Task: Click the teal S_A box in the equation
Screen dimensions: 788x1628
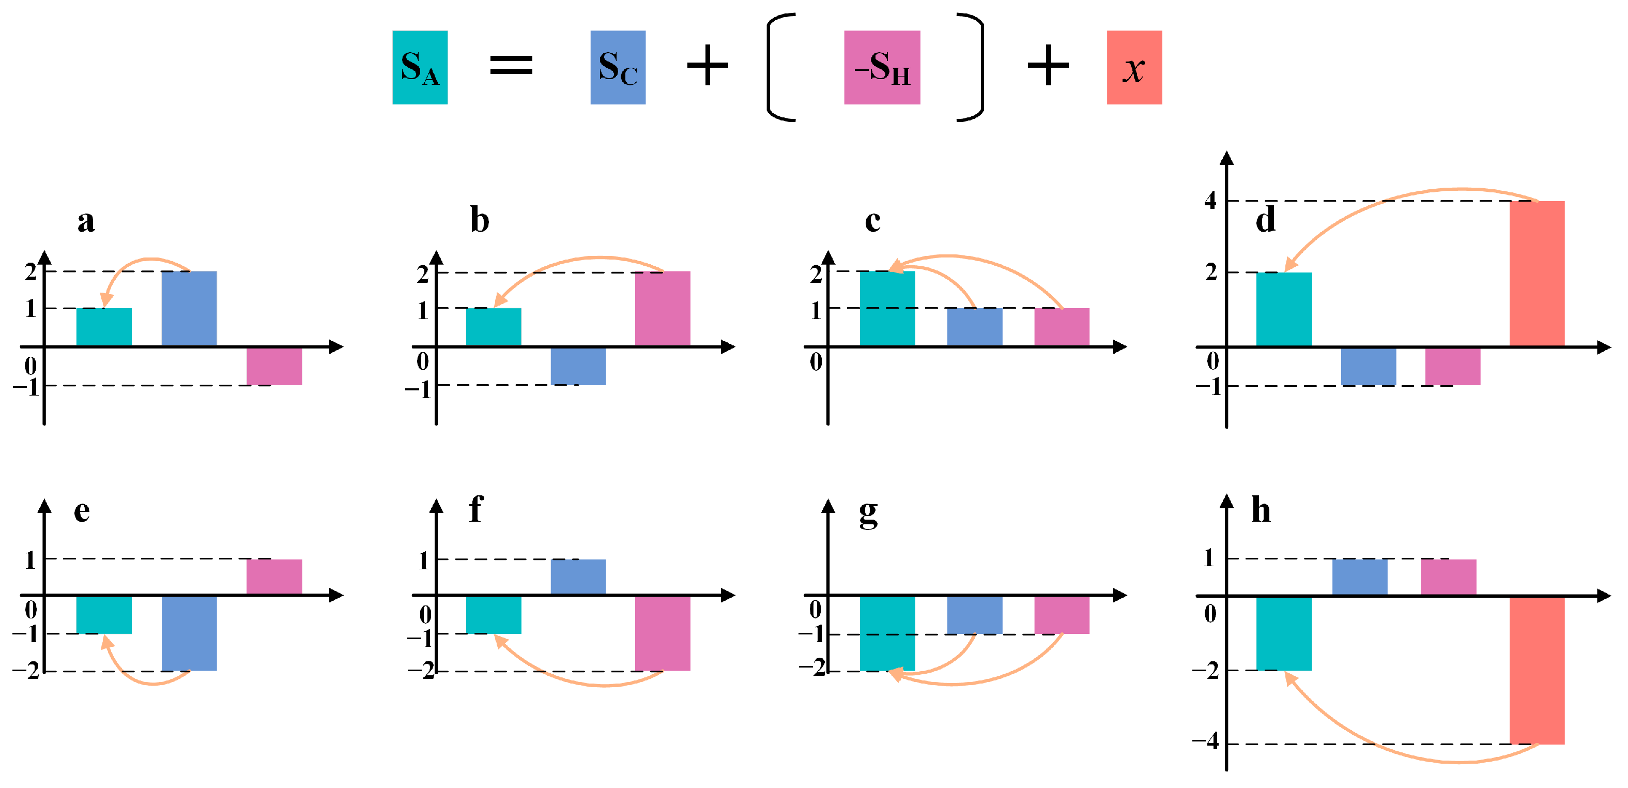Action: pos(420,67)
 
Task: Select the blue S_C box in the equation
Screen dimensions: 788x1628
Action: pos(618,67)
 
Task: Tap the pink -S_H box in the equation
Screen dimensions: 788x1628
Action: pos(882,67)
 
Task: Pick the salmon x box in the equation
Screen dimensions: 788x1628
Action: pos(1134,67)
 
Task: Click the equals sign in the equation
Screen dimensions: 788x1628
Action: pos(511,65)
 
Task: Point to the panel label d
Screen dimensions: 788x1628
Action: pos(1265,219)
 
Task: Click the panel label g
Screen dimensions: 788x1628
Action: pos(868,512)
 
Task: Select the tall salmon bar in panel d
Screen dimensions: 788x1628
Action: pos(1537,273)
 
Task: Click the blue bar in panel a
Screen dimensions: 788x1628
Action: pos(189,309)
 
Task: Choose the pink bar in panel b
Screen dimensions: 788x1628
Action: pos(663,309)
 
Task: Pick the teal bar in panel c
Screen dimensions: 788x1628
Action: pos(887,309)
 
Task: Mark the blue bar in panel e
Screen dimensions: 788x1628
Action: pos(189,633)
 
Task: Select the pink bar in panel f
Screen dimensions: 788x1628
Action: pos(663,633)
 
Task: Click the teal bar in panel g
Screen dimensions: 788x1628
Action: pos(887,633)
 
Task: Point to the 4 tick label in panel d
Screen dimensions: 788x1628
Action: pos(1209,201)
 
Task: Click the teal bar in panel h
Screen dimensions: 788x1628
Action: pos(1284,633)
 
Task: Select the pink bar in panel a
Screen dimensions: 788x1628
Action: pos(273,366)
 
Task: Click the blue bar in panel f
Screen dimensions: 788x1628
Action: pos(578,577)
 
